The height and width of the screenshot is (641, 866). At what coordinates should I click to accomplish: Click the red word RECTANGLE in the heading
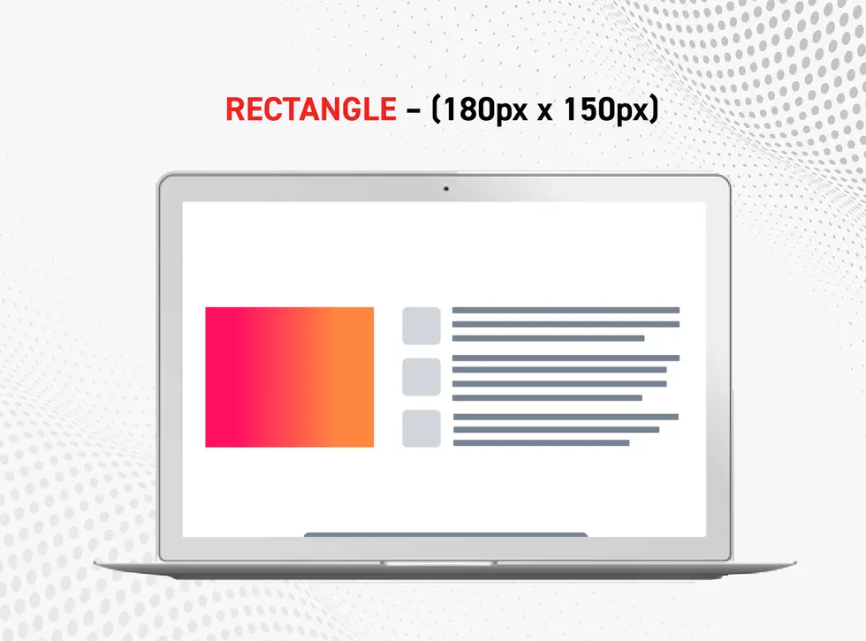tap(311, 109)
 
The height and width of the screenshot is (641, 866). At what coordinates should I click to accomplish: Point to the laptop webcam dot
tap(445, 188)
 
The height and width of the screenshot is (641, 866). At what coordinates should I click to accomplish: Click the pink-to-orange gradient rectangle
tap(289, 377)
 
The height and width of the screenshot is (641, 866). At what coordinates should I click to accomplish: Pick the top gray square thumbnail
tap(422, 326)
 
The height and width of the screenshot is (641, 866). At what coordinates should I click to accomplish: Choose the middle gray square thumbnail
tap(422, 377)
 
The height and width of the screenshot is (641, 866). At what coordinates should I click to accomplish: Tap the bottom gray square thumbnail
tap(422, 428)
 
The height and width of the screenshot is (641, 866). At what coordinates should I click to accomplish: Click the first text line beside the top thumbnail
tap(566, 311)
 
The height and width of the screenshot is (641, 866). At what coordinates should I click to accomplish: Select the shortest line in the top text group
tap(548, 338)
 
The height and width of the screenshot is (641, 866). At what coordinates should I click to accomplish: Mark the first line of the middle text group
tap(566, 358)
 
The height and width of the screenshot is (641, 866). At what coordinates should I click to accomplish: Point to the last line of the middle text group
tap(546, 398)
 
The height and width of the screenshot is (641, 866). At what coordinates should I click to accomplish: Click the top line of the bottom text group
tap(565, 417)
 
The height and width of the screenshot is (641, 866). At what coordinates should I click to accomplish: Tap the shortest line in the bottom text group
tap(540, 442)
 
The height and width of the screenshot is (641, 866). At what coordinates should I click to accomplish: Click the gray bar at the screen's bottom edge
tap(445, 534)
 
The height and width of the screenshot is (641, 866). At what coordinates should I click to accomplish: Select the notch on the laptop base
tap(438, 562)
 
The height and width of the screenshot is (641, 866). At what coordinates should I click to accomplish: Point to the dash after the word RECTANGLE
tap(413, 110)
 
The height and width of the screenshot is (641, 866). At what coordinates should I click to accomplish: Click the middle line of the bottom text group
tap(555, 430)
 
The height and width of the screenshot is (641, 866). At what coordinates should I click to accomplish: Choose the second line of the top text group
tap(566, 324)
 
